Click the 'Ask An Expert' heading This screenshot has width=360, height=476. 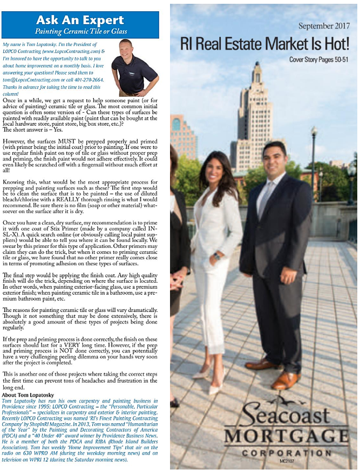(x=80, y=20)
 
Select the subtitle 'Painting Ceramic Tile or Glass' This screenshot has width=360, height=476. (x=80, y=32)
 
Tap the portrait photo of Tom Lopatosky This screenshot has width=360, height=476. (x=134, y=67)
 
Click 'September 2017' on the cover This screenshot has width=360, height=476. (x=323, y=25)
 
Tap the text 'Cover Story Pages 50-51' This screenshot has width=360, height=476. (x=318, y=59)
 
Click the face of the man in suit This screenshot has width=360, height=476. (x=274, y=161)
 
